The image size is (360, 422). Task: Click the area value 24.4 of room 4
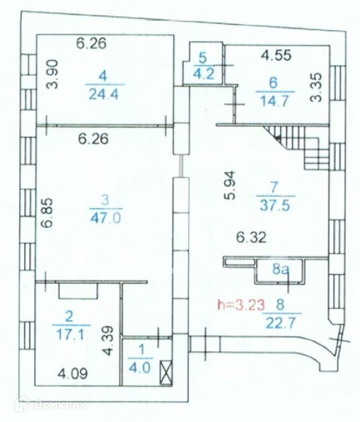(x=103, y=94)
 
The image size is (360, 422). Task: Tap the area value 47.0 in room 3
(x=105, y=217)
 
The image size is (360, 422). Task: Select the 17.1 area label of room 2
(x=70, y=335)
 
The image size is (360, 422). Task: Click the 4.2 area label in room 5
(x=203, y=74)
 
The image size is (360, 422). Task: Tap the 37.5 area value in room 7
(x=275, y=205)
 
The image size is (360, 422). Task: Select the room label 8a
(x=281, y=269)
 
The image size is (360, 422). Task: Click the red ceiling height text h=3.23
(x=241, y=306)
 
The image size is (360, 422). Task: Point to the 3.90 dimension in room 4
(x=52, y=74)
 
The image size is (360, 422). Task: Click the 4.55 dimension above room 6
(x=277, y=55)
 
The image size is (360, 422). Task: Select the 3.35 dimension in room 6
(x=316, y=87)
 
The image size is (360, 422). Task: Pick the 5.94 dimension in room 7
(x=230, y=185)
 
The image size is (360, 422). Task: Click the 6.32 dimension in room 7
(x=251, y=238)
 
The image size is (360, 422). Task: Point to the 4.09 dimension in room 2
(x=73, y=374)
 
